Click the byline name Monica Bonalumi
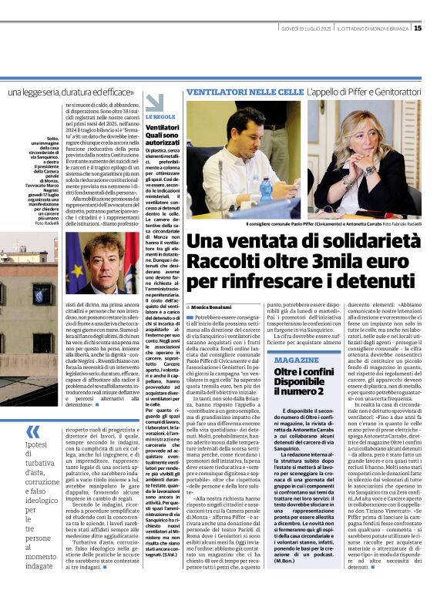click(213, 307)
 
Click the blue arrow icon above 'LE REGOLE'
click(155, 102)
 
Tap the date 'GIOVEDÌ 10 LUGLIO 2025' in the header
click(305, 28)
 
